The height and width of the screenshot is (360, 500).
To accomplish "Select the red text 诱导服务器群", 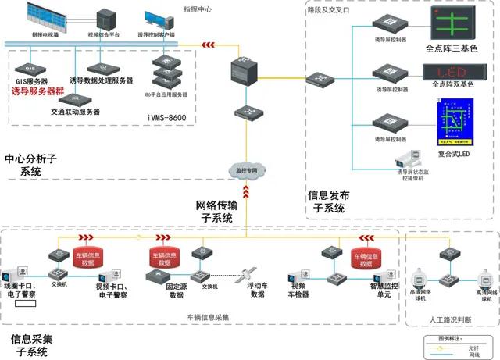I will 39,92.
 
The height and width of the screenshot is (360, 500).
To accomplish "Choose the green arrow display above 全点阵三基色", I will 448,23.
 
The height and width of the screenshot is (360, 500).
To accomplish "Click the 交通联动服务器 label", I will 72,112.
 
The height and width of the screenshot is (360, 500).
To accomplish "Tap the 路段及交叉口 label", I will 329,10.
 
